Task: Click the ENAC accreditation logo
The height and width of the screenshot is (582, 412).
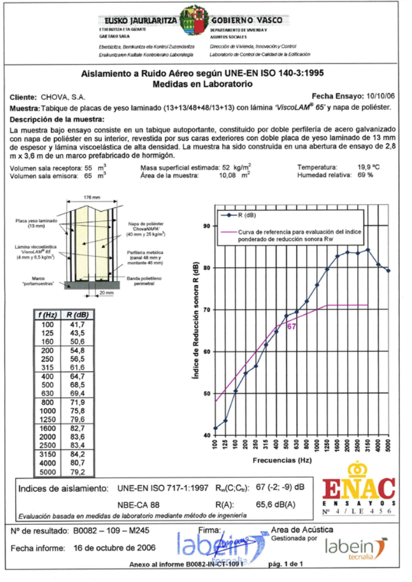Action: [x=358, y=488]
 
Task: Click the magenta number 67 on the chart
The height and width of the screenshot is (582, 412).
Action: [x=291, y=326]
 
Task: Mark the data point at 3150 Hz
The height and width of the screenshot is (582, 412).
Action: [x=368, y=250]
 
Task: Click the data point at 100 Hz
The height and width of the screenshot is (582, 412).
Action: [x=216, y=428]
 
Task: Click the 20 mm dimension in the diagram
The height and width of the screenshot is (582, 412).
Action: [x=102, y=293]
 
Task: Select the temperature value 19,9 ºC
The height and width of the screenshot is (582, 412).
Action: [x=369, y=167]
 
